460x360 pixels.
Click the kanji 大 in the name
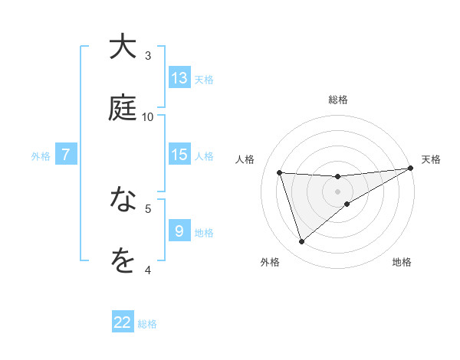(x=123, y=47)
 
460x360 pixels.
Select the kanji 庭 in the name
(x=123, y=108)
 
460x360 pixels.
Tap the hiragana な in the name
(x=123, y=201)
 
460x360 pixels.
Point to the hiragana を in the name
(x=123, y=262)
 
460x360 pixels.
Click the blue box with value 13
(x=179, y=78)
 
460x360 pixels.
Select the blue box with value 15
(x=179, y=155)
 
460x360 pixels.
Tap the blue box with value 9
(x=179, y=231)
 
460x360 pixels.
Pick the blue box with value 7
(x=66, y=155)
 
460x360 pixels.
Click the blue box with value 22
(x=123, y=322)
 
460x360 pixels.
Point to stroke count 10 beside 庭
(x=148, y=116)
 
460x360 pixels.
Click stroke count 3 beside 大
(x=148, y=55)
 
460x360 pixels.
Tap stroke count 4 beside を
(x=148, y=270)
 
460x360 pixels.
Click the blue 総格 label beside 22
(x=147, y=324)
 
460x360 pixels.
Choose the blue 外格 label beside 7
(x=41, y=156)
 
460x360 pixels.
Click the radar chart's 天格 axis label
(x=431, y=159)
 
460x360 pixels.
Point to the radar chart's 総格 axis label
(x=338, y=100)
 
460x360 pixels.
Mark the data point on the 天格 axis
(x=410, y=169)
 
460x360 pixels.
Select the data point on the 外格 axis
(x=301, y=242)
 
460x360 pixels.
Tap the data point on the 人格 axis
(x=280, y=172)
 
